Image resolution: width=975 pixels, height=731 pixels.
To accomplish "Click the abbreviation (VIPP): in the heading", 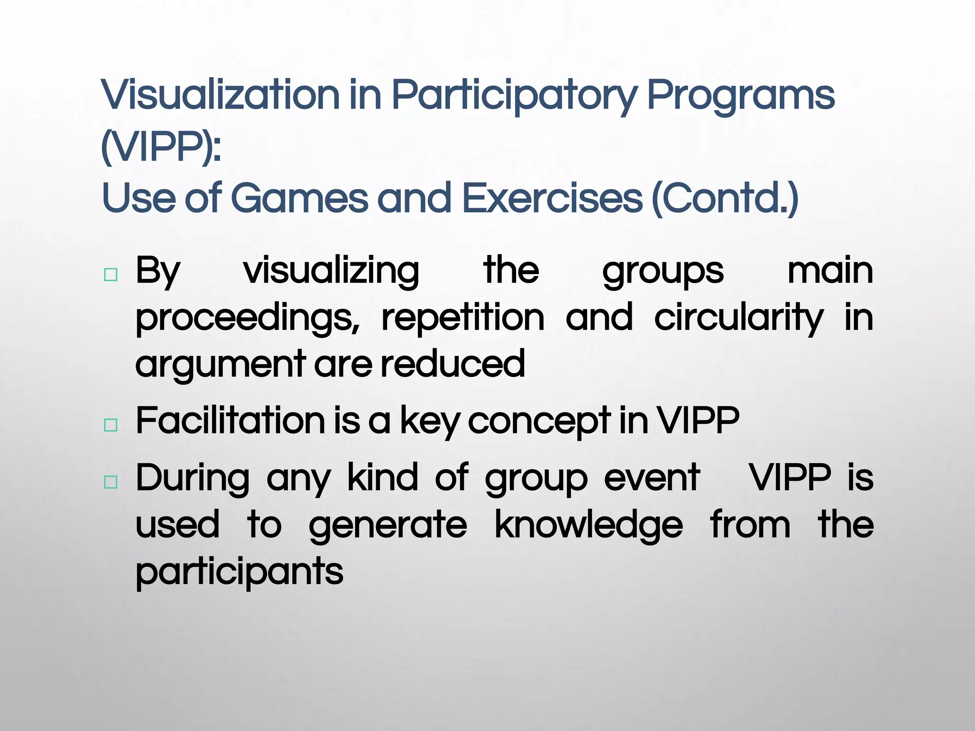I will point(161,147).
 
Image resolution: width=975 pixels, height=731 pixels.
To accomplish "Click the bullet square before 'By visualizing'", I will point(110,275).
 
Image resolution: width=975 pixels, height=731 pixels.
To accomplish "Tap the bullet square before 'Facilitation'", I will point(110,425).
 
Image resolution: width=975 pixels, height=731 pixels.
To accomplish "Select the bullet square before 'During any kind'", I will point(110,482).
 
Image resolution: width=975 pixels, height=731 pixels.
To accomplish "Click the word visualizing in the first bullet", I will point(331,271).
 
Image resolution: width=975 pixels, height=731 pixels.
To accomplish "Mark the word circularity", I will point(738,318).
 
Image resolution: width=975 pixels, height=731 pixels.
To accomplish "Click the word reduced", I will point(453,364).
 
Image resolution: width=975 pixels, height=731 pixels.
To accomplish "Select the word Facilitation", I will point(230,421).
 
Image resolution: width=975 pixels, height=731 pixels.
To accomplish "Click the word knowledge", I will point(589,525).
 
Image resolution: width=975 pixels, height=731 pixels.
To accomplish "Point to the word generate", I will point(388,525).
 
